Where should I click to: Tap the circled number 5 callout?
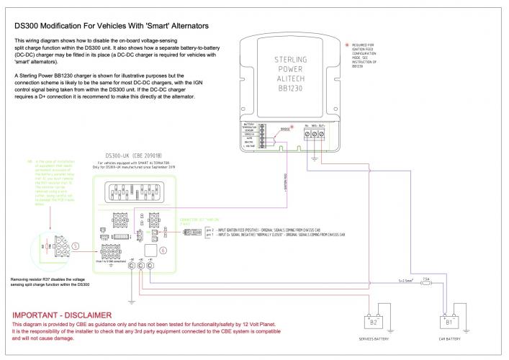click(x=76, y=245)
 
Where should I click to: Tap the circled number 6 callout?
click(x=163, y=249)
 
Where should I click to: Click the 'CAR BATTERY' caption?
click(x=451, y=339)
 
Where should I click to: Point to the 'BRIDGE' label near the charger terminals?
click(x=285, y=129)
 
